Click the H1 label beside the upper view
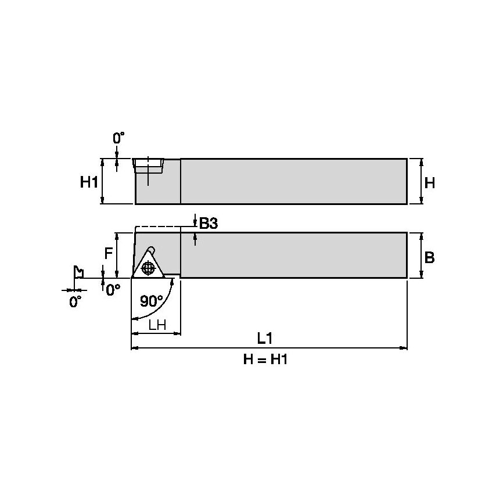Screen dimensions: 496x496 pos(88,182)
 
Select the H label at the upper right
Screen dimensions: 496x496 pos(429,183)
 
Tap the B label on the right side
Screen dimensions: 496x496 pos(429,257)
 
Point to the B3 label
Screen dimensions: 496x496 pos(208,223)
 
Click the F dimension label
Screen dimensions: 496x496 pos(108,254)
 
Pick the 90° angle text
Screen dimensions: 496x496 pos(152,301)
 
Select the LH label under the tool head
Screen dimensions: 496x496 pos(157,325)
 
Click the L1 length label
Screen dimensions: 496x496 pos(265,337)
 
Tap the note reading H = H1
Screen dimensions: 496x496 pos(265,360)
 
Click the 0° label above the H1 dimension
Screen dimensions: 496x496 pos(118,138)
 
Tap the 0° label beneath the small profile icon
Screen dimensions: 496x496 pos(76,301)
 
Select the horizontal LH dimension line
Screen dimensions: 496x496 pos(156,334)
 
